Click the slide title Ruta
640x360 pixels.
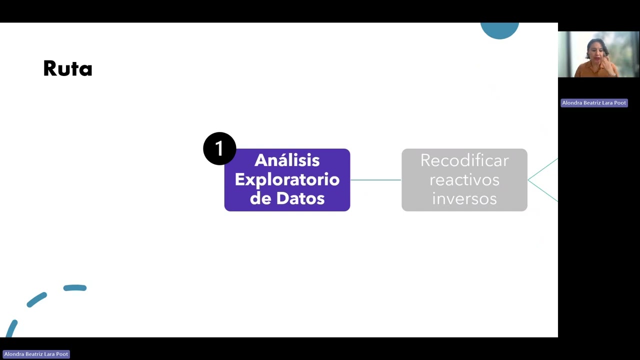click(x=67, y=68)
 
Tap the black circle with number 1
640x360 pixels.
click(x=219, y=148)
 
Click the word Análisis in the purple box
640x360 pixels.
click(x=287, y=160)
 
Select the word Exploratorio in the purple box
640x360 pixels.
click(x=287, y=179)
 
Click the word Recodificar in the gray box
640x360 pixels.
click(x=464, y=160)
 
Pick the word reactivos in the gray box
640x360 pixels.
click(x=464, y=180)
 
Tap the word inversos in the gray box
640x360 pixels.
click(x=464, y=198)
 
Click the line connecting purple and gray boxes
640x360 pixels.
click(x=375, y=180)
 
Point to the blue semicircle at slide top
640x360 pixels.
click(x=499, y=29)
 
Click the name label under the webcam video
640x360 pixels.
click(x=594, y=103)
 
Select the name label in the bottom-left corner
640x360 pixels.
click(x=36, y=354)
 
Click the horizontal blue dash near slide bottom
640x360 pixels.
click(x=75, y=287)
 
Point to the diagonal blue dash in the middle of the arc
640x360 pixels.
click(x=36, y=299)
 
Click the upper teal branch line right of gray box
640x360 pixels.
click(x=543, y=169)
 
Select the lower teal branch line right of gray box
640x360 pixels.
click(x=543, y=191)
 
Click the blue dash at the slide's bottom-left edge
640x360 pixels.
click(x=11, y=328)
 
